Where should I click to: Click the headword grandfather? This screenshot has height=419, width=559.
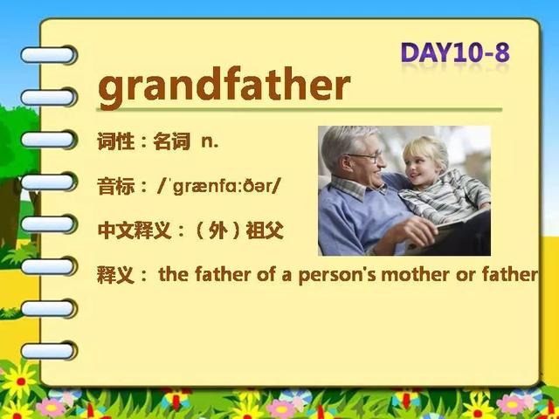[224, 87]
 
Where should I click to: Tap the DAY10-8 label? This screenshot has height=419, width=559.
[455, 52]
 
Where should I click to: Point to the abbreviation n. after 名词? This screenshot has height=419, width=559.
[210, 141]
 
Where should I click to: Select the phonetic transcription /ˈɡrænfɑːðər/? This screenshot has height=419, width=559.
[219, 186]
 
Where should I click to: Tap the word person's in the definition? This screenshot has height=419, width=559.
[337, 276]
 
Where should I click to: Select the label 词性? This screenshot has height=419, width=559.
[116, 141]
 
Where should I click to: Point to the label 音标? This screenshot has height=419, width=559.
[116, 186]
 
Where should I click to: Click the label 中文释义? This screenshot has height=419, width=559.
[135, 231]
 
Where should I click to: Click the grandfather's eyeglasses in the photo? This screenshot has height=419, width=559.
[367, 156]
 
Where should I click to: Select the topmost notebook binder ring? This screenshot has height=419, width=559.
[49, 55]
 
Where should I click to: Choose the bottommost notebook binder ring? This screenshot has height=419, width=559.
[49, 351]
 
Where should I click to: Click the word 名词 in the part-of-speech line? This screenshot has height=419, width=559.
[171, 141]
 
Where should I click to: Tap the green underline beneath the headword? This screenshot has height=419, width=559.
[299, 109]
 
